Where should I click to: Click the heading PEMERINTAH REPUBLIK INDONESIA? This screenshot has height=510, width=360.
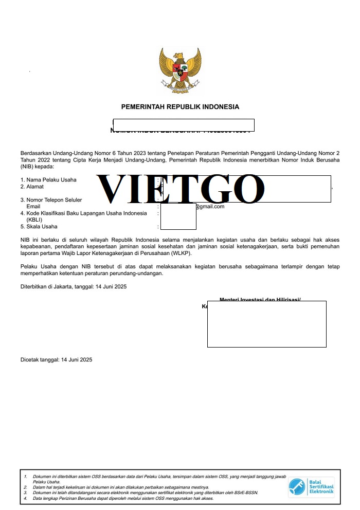[180, 107]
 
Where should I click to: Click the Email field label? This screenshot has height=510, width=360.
[33, 207]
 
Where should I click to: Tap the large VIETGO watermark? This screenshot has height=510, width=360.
[180, 189]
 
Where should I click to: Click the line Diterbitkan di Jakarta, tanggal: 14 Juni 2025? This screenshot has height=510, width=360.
[74, 286]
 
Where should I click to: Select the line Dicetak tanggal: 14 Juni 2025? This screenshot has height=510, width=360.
[57, 360]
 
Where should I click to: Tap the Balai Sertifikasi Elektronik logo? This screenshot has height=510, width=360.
[311, 487]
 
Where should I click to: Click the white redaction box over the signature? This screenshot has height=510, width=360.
[266, 324]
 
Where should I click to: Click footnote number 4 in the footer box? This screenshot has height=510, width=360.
[25, 498]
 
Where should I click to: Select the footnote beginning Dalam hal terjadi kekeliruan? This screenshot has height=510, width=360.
[121, 487]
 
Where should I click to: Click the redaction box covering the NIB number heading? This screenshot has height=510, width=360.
[184, 125]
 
